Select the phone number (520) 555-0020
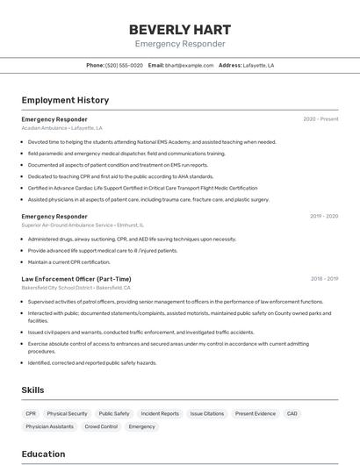(x=124, y=65)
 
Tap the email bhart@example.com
(x=189, y=65)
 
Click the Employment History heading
(x=65, y=100)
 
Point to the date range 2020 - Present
(x=320, y=119)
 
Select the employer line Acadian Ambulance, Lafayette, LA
(x=61, y=128)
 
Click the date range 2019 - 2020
(x=324, y=216)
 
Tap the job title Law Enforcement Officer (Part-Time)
(x=76, y=279)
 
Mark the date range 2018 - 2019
(x=324, y=279)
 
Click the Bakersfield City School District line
(x=76, y=288)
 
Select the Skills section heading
(x=33, y=390)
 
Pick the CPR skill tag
(x=31, y=413)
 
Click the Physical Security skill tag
(x=68, y=413)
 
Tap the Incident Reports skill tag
(x=160, y=413)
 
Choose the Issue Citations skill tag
(x=207, y=413)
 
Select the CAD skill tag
(x=292, y=413)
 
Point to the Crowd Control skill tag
(x=101, y=426)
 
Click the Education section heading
(x=44, y=454)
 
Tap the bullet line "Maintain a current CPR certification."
(x=69, y=261)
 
